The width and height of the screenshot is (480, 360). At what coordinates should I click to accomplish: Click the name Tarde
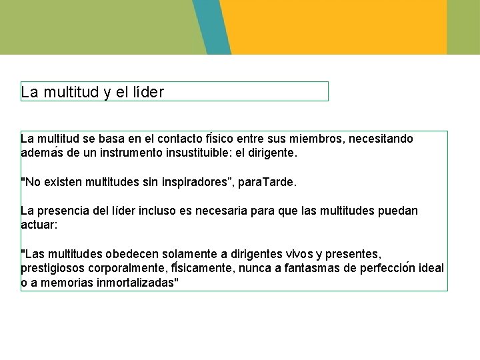(x=281, y=182)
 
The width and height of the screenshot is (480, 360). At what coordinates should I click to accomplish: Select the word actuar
(x=39, y=225)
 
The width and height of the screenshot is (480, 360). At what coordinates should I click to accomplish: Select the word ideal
(x=431, y=268)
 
